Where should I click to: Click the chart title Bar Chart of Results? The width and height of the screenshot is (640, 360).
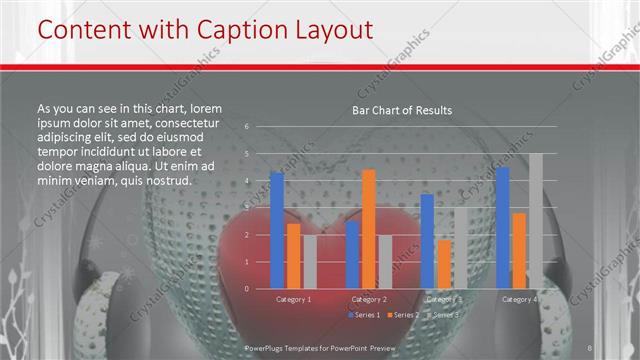(x=402, y=110)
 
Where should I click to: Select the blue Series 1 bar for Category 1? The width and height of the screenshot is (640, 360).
(x=277, y=230)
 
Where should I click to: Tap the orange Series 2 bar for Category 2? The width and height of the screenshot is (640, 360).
(x=369, y=228)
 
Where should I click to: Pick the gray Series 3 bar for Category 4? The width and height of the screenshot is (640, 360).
(x=536, y=221)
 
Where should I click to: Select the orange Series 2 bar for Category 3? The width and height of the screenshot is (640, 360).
(x=444, y=264)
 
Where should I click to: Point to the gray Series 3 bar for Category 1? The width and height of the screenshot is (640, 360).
(x=309, y=262)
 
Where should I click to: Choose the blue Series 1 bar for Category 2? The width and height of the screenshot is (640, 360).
(x=353, y=255)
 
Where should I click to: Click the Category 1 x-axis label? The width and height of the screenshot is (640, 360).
(x=293, y=299)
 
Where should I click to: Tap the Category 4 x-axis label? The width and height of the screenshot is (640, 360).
(x=519, y=299)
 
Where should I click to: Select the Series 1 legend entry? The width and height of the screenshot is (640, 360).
(x=364, y=315)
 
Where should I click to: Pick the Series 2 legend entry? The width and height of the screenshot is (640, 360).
(x=403, y=315)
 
